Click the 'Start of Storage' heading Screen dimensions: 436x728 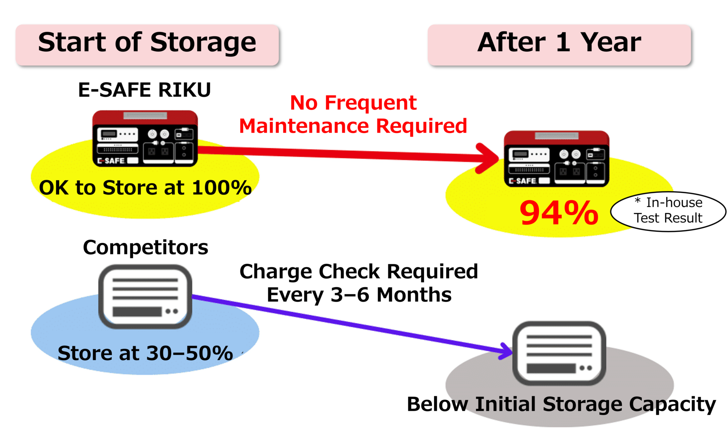click(x=147, y=42)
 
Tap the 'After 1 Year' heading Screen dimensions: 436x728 click(x=559, y=42)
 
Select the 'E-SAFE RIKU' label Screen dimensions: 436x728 click(x=144, y=90)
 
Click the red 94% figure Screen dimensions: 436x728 click(x=559, y=213)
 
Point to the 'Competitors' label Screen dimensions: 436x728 click(x=146, y=248)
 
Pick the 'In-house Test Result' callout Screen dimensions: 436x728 click(x=668, y=211)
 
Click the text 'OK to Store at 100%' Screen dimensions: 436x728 click(x=145, y=188)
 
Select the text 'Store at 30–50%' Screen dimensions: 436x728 click(x=145, y=353)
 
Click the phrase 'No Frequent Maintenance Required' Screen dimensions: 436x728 click(x=353, y=114)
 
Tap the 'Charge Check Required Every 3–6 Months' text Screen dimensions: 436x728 click(x=359, y=283)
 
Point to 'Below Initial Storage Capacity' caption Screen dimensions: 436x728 click(x=561, y=404)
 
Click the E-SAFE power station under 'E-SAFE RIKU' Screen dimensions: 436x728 click(x=145, y=139)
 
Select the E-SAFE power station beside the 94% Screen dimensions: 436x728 click(x=556, y=159)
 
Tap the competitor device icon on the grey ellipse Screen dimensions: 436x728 click(x=559, y=353)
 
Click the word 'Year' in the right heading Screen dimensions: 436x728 click(x=611, y=42)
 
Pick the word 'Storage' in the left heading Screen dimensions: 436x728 click(x=203, y=42)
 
